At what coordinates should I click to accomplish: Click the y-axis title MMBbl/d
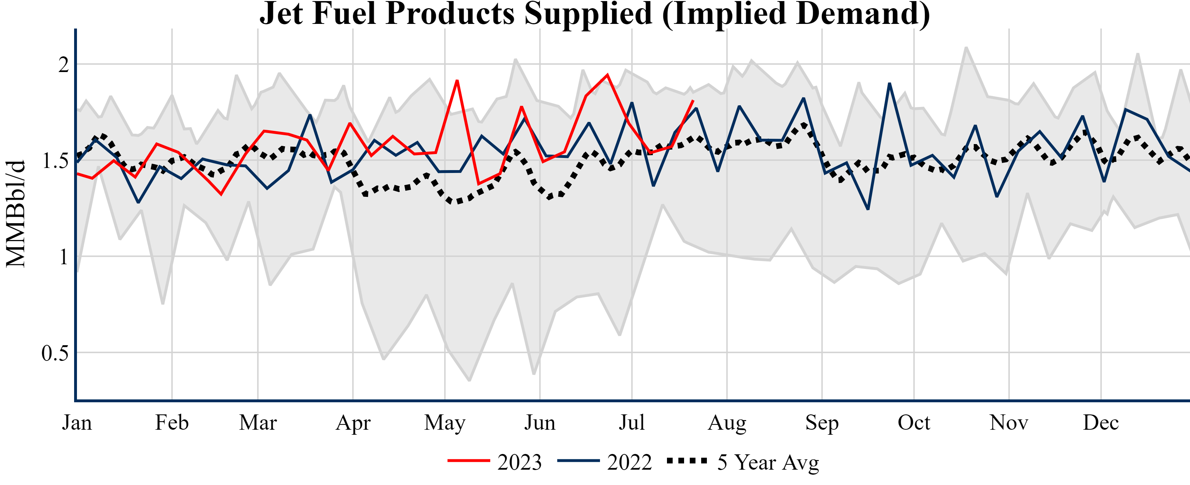point(16,214)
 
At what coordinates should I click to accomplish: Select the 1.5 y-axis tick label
point(55,161)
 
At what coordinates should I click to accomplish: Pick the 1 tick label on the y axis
point(64,257)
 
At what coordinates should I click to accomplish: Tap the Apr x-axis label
point(353,423)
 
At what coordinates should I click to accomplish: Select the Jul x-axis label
point(631,423)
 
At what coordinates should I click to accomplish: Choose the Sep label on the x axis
point(822,423)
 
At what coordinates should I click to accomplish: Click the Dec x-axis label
point(1101,423)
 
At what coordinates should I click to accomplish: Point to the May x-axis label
point(445,423)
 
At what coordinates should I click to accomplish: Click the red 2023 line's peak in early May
point(457,81)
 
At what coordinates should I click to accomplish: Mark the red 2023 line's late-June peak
point(607,75)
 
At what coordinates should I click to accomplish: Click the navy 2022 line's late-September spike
point(889,84)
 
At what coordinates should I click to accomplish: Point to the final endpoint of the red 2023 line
point(693,101)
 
